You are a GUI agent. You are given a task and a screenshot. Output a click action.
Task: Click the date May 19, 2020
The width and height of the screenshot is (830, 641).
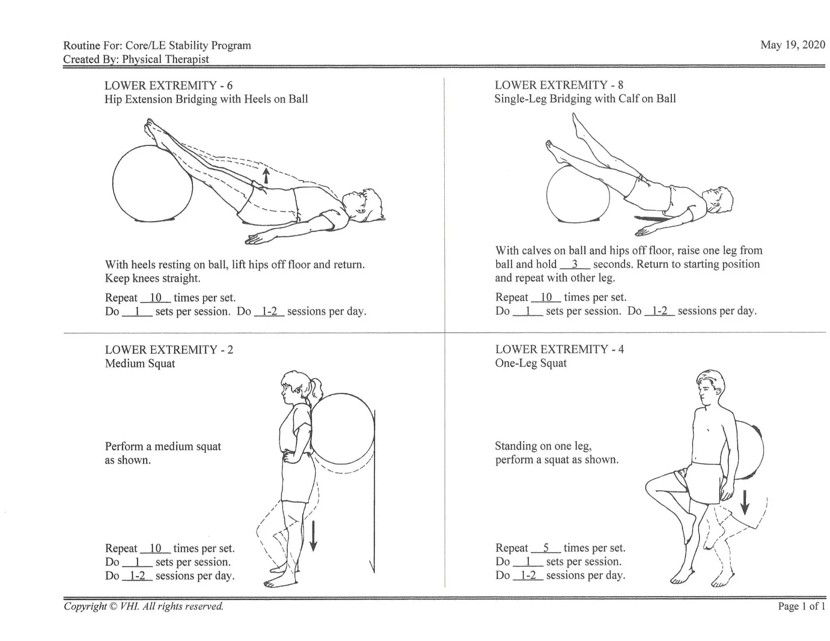[x=792, y=45]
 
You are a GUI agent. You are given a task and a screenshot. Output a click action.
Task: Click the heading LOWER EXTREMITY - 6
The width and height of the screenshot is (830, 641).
[x=168, y=86]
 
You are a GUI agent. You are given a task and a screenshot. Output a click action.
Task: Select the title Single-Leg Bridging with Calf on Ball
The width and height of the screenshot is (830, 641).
[x=585, y=99]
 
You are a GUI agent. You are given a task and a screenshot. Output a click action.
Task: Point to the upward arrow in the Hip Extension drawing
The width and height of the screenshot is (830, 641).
[x=266, y=176]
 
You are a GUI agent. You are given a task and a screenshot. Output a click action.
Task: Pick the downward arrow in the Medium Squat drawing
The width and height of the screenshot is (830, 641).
[x=313, y=536]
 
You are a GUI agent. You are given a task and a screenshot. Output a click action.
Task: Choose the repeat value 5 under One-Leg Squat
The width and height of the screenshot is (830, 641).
[x=546, y=548]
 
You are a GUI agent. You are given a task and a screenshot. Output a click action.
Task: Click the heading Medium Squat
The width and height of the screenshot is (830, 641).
[x=140, y=363]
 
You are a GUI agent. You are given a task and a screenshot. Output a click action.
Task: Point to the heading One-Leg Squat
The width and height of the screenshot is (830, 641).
[x=530, y=363]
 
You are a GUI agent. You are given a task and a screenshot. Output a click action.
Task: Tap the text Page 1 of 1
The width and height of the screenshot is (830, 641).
[x=801, y=606]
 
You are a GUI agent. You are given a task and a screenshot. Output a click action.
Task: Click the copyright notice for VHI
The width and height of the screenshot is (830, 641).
[x=144, y=606]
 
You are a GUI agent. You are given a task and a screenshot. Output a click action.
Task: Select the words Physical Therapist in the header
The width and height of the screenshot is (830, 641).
[x=165, y=59]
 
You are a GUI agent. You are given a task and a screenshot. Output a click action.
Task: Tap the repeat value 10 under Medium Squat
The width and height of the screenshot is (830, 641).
[x=155, y=548]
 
